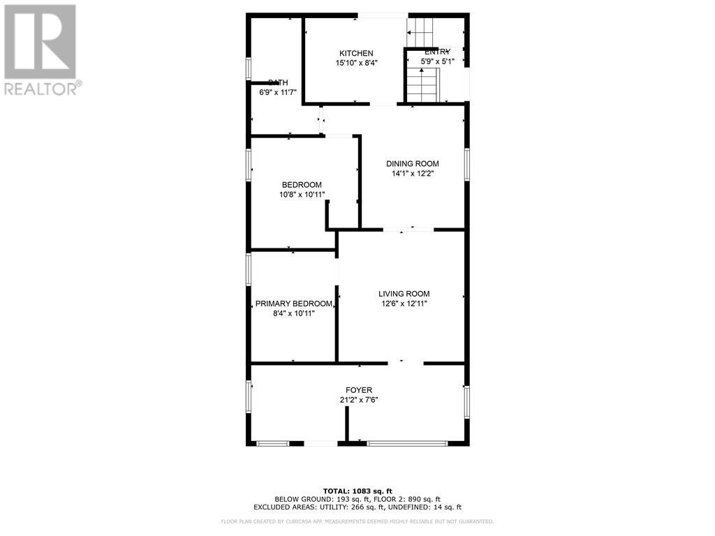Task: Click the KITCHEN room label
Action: click(x=356, y=53)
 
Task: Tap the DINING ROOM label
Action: click(x=413, y=164)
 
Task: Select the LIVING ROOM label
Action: click(x=404, y=294)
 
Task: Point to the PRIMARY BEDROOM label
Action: click(x=293, y=304)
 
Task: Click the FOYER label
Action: click(x=359, y=390)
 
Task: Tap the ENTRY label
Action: click(x=438, y=52)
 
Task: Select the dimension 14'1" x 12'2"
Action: click(x=413, y=174)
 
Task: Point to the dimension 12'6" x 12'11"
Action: click(x=404, y=304)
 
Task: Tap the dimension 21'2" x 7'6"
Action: click(x=359, y=400)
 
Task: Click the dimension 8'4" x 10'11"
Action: click(x=293, y=313)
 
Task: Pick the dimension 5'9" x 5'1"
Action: click(x=438, y=61)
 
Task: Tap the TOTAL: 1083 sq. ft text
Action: click(x=357, y=491)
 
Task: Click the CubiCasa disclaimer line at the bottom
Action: click(x=357, y=521)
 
